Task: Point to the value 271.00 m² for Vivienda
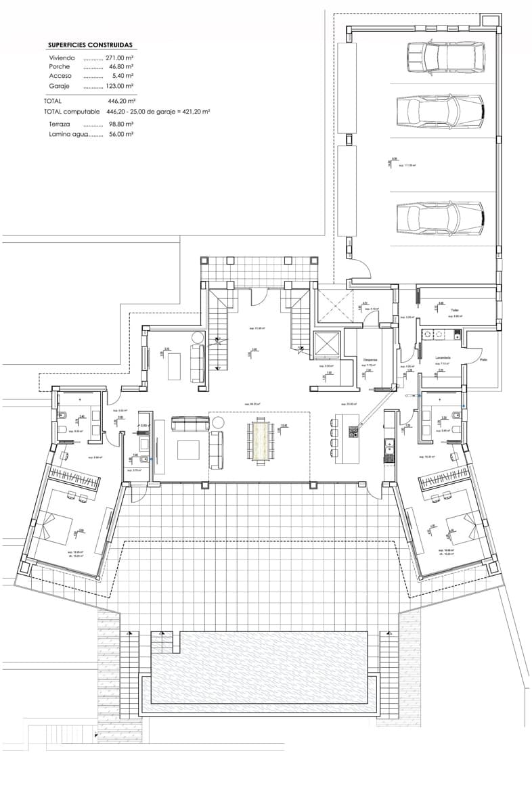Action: pos(119,58)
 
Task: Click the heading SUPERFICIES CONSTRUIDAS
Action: pos(90,45)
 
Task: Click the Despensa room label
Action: pos(370,360)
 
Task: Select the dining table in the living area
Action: pos(261,441)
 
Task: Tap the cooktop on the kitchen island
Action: pos(352,430)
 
